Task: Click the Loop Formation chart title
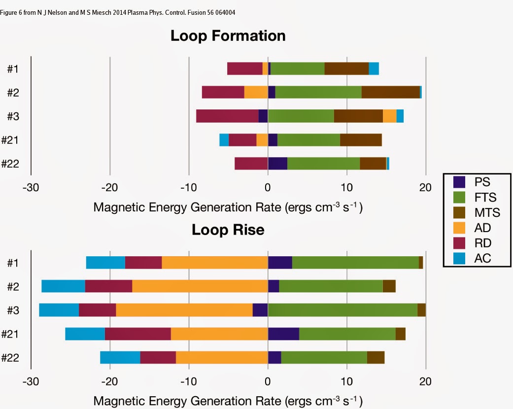(x=228, y=36)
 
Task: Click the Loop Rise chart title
(x=228, y=230)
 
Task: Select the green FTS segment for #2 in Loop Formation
(x=318, y=92)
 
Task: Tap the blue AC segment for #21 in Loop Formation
(x=224, y=140)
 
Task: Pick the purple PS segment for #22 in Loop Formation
(x=277, y=164)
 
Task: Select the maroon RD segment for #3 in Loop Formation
(x=227, y=116)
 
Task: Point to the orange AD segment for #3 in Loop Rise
(x=184, y=310)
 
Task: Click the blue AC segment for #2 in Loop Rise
(x=64, y=286)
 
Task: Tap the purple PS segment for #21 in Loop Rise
(x=283, y=334)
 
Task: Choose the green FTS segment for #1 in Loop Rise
(x=355, y=263)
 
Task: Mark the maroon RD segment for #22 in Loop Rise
(x=158, y=357)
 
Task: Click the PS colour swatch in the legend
(x=459, y=182)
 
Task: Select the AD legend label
(x=483, y=228)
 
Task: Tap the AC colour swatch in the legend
(x=459, y=258)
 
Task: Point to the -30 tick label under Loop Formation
(x=31, y=188)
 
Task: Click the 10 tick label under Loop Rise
(x=347, y=381)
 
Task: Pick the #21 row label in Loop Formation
(x=10, y=140)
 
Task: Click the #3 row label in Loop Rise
(x=13, y=310)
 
